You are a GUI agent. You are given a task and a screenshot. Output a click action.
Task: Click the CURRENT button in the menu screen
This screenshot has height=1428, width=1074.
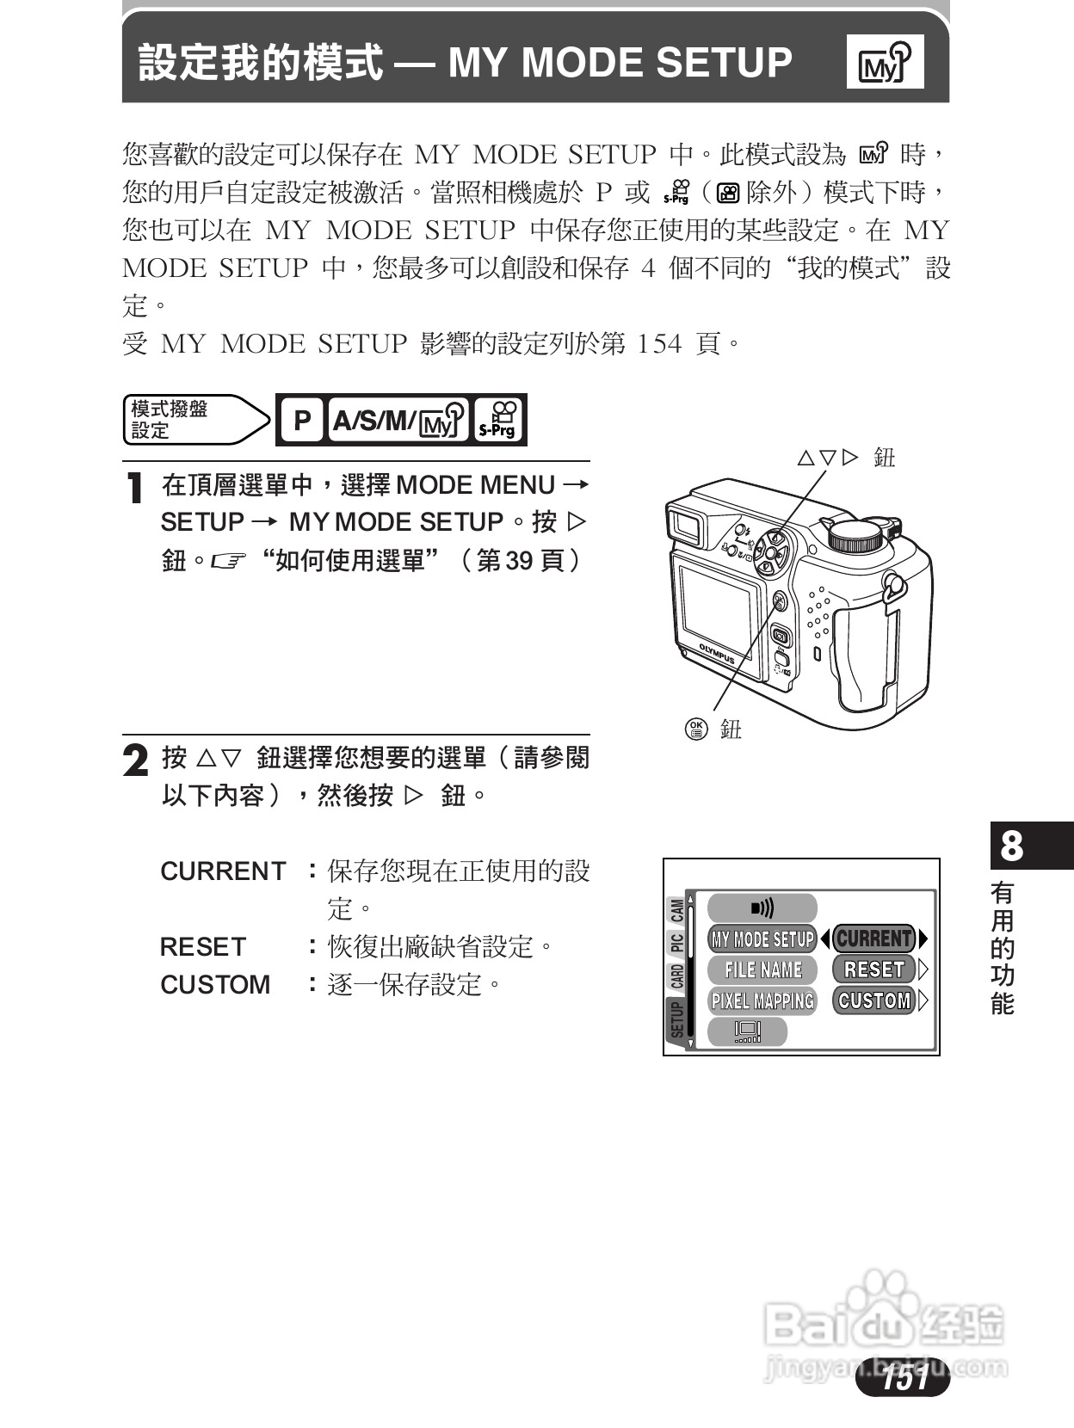(x=873, y=939)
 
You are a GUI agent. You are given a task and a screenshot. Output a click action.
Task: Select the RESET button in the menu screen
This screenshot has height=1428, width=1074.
(x=873, y=969)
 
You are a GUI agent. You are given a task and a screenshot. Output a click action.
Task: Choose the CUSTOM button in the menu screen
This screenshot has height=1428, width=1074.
(x=873, y=1000)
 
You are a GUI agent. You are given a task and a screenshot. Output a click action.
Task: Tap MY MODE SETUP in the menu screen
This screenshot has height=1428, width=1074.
(x=762, y=939)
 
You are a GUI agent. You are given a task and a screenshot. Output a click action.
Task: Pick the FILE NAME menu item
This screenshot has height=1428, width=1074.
(x=762, y=969)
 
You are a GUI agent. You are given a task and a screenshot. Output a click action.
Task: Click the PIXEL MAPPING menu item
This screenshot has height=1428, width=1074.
(x=762, y=1000)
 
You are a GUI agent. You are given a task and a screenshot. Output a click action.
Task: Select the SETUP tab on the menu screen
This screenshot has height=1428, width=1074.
(x=676, y=1020)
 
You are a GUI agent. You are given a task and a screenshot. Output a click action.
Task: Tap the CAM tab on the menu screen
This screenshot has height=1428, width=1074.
(x=677, y=910)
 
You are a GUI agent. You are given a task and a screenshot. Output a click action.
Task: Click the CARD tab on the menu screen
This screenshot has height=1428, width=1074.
(x=677, y=976)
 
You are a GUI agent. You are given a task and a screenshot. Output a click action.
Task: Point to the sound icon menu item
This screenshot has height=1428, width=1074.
(x=762, y=908)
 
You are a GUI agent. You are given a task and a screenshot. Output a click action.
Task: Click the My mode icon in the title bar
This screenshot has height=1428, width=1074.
(x=885, y=62)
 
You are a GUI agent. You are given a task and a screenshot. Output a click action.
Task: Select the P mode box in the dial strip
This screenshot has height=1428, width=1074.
(x=302, y=420)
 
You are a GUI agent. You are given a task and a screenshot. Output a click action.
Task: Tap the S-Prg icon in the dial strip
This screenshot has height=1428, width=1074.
(x=499, y=420)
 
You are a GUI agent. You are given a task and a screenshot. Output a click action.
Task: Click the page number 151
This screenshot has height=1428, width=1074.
(x=904, y=1378)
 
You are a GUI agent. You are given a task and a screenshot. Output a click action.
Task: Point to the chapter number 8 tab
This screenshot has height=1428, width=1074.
(x=1012, y=846)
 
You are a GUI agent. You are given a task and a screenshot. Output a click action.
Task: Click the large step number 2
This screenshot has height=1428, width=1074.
(x=135, y=760)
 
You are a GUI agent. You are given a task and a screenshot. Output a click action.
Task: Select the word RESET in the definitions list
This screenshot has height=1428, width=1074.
(x=203, y=947)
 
